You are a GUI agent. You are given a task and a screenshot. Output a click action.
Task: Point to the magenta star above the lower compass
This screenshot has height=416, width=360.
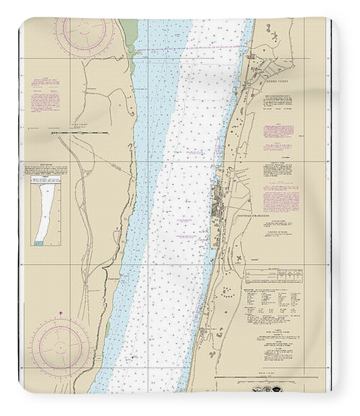61,312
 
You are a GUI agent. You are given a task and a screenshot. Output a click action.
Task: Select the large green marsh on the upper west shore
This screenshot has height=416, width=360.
131,33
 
